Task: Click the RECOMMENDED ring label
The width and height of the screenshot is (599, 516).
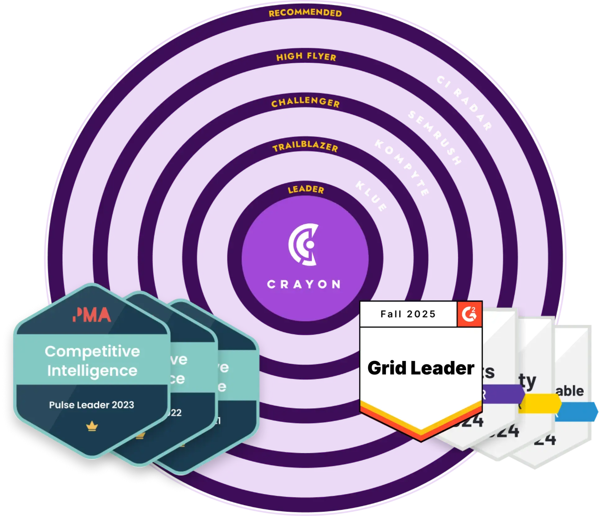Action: click(x=305, y=13)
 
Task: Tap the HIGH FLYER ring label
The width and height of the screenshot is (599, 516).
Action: click(x=306, y=57)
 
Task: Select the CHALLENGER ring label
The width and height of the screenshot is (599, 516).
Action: click(x=306, y=102)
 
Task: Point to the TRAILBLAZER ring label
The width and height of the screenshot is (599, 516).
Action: click(x=305, y=147)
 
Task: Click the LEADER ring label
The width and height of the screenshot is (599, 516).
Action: click(x=306, y=189)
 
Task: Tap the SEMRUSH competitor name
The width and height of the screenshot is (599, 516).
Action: click(x=435, y=138)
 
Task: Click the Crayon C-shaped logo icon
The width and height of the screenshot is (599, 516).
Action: click(x=303, y=244)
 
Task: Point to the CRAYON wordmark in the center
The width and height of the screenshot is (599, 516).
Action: click(x=304, y=284)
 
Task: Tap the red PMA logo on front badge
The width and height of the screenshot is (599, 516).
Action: click(x=92, y=315)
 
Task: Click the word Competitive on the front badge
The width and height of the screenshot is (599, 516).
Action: click(x=92, y=351)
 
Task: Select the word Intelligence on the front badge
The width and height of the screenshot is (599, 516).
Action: click(x=92, y=371)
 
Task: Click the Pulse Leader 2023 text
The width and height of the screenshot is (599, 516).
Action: click(x=92, y=405)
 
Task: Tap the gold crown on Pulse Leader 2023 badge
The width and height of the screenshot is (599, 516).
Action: click(x=92, y=427)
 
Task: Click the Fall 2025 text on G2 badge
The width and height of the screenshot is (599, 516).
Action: click(x=408, y=314)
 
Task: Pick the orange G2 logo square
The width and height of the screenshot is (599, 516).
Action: click(x=469, y=314)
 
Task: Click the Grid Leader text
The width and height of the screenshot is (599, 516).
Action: click(x=421, y=368)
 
